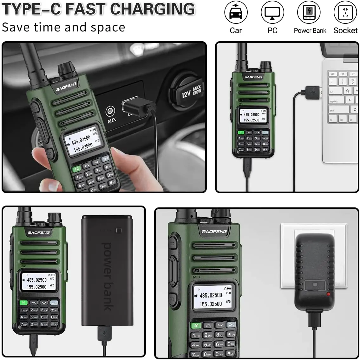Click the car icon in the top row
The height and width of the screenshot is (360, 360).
point(236,13)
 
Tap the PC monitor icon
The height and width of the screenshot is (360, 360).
point(272,13)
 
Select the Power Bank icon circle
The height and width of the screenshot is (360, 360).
point(309,13)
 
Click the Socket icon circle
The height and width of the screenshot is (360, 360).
point(345,13)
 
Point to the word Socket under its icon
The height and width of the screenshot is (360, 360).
point(345,30)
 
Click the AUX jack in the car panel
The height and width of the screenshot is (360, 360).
point(110,111)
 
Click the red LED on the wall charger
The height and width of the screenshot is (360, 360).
point(328,294)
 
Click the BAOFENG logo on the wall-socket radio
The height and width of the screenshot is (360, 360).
point(214,232)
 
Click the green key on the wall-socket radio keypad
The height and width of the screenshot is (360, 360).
point(196,325)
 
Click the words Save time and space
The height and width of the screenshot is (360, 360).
point(63,27)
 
